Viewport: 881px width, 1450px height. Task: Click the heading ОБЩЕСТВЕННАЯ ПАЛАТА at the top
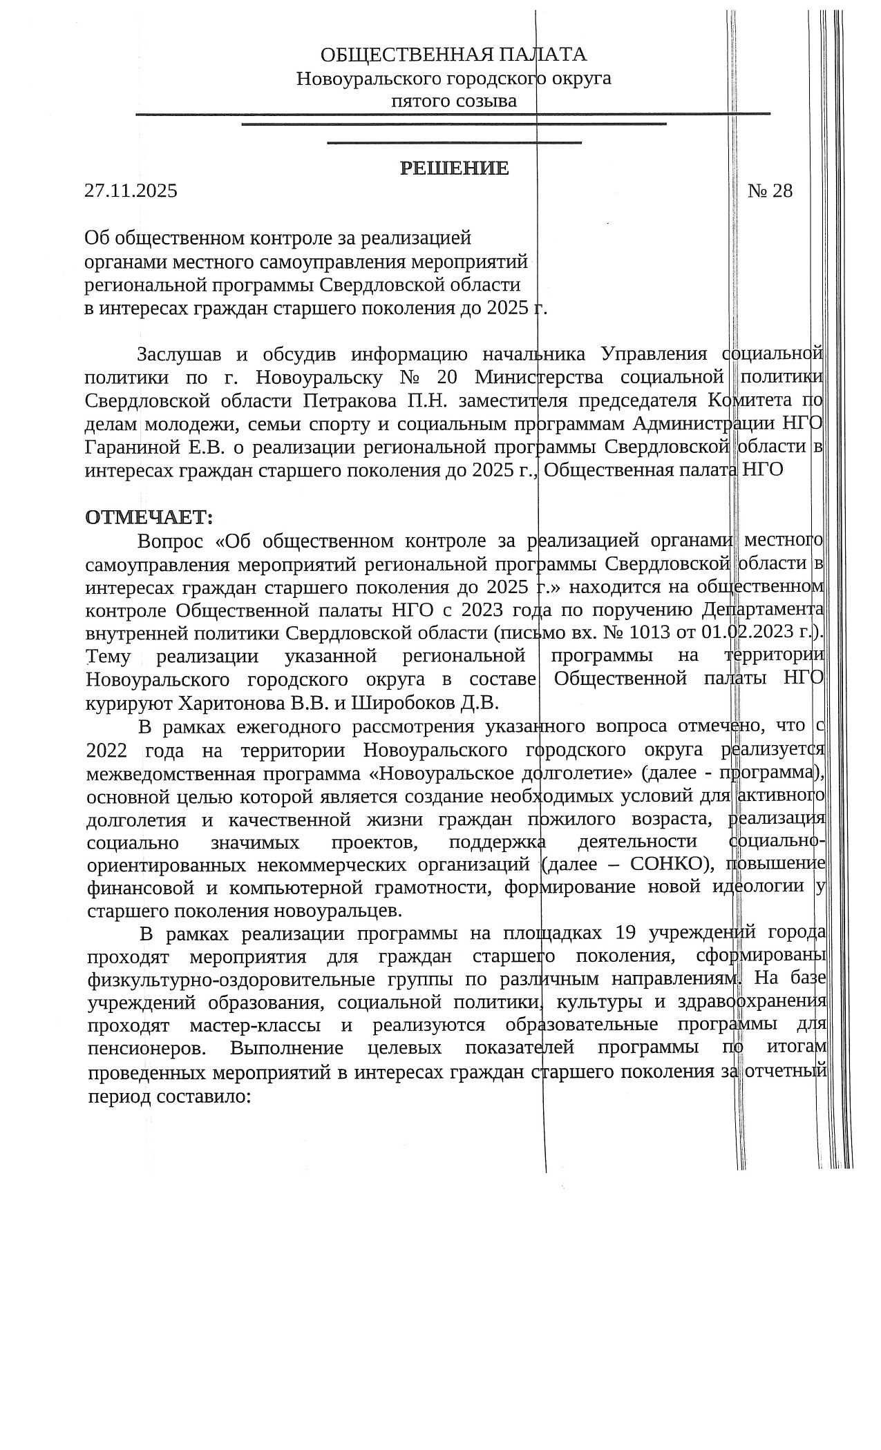[453, 55]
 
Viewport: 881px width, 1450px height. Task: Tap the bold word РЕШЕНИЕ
[454, 168]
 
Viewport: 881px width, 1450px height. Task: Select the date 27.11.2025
[131, 191]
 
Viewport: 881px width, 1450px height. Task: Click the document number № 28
[770, 191]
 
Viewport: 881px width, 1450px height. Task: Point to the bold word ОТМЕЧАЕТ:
[149, 516]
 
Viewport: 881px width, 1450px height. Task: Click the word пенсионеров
[146, 1047]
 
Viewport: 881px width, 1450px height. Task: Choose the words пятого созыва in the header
[454, 101]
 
